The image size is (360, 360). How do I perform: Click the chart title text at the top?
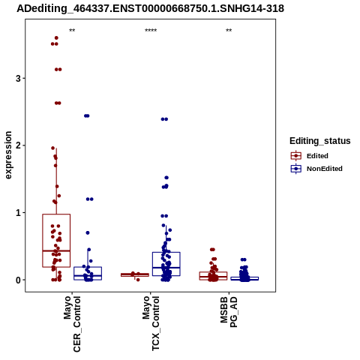[150, 9]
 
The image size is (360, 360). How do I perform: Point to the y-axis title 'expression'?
[8, 155]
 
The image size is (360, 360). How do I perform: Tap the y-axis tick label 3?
[18, 79]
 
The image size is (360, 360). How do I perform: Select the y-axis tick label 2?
[18, 145]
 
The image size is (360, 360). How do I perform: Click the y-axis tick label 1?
[18, 213]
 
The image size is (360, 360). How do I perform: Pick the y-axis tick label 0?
[18, 280]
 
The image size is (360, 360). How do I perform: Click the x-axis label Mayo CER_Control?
[72, 324]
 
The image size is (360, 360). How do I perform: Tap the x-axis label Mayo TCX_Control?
[151, 323]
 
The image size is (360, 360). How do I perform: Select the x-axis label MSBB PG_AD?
[229, 312]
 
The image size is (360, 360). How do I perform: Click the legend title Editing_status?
[320, 141]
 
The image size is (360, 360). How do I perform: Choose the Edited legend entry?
[310, 156]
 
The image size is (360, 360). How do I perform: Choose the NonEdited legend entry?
[316, 169]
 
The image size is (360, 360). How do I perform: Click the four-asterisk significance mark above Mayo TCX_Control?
[151, 31]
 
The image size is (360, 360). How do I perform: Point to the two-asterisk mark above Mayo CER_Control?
[72, 31]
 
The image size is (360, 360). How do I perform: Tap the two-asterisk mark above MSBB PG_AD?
[229, 31]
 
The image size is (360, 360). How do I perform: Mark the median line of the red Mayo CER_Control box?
[56, 250]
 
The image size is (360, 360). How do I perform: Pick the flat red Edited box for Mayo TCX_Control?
[135, 274]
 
